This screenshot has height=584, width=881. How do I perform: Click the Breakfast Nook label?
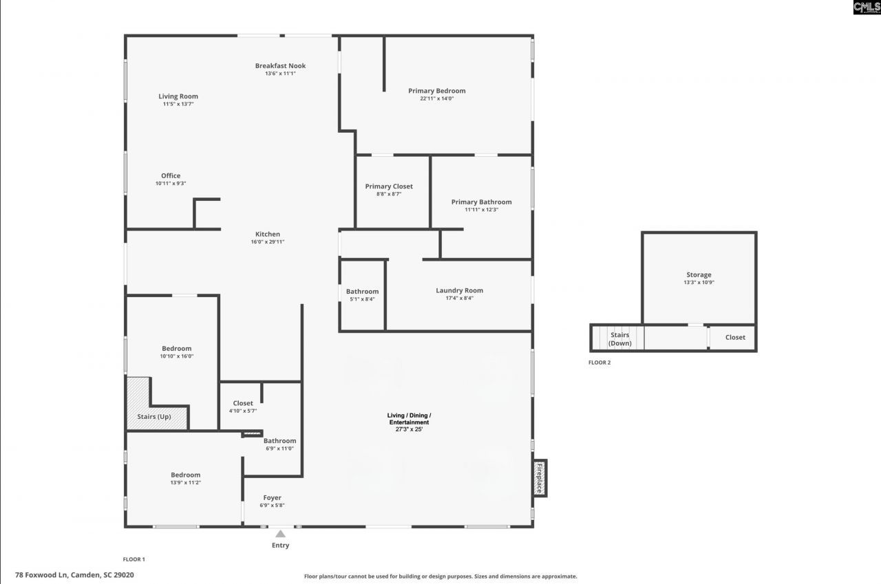click(280, 65)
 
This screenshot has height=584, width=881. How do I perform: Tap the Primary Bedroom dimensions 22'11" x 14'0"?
click(436, 98)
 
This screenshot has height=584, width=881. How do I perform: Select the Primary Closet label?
click(389, 186)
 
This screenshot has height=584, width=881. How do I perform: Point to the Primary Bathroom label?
click(481, 202)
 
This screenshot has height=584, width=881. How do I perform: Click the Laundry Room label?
click(459, 290)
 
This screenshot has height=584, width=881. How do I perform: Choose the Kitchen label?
click(268, 235)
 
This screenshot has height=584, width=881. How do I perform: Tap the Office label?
click(171, 175)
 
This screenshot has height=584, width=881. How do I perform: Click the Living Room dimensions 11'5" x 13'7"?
click(178, 104)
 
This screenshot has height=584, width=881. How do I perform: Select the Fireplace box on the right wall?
click(540, 478)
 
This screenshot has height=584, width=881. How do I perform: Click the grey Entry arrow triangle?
click(280, 534)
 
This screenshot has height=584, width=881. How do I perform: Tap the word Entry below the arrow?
click(280, 545)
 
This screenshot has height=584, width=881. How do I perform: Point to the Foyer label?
click(272, 497)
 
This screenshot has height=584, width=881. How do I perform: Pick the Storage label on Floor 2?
click(699, 274)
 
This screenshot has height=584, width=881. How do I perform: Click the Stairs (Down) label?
click(620, 338)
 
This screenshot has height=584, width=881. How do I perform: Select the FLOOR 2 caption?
click(599, 363)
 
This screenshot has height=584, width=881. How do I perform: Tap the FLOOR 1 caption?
click(134, 559)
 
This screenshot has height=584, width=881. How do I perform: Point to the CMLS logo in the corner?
click(867, 7)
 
